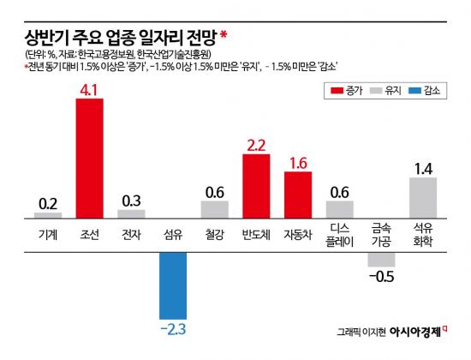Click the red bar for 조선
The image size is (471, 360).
tap(90, 158)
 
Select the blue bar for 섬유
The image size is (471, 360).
tap(173, 270)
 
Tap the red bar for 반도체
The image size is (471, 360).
tap(256, 186)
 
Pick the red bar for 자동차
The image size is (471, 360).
tap(298, 195)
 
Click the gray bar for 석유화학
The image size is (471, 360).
tap(423, 197)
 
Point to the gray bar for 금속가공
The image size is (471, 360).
tap(381, 259)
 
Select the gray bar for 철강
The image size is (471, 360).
tap(214, 209)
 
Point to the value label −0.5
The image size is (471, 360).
tap(381, 276)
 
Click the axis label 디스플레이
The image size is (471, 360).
tap(340, 234)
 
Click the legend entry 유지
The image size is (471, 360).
tap(391, 90)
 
